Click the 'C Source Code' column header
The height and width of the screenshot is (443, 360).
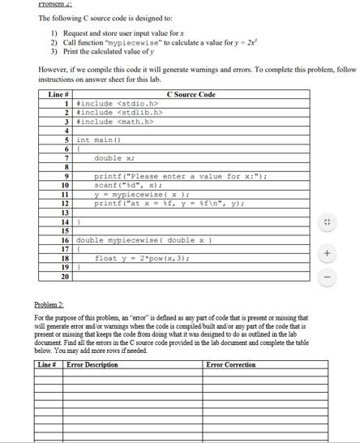(191, 95)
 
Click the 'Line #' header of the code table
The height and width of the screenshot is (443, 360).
(55, 95)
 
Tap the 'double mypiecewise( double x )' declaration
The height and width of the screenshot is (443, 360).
(144, 241)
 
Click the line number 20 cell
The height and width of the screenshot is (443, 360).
(64, 276)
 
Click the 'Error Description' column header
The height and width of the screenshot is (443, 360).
(92, 364)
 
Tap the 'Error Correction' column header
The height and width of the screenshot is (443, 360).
(231, 364)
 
